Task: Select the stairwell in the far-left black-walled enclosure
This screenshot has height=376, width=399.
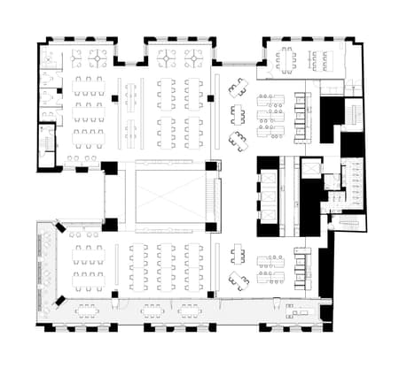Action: pyautogui.click(x=44, y=144)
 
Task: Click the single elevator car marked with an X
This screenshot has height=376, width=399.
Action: pyautogui.click(x=311, y=168)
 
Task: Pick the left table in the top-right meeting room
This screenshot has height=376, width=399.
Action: pyautogui.click(x=284, y=58)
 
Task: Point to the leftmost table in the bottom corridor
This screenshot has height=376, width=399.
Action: pyautogui.click(x=87, y=310)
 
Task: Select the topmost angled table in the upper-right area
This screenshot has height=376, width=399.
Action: pyautogui.click(x=238, y=87)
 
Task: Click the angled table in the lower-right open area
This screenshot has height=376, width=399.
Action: pyautogui.click(x=238, y=280)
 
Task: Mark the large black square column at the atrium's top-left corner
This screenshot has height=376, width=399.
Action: pyautogui.click(x=110, y=167)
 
